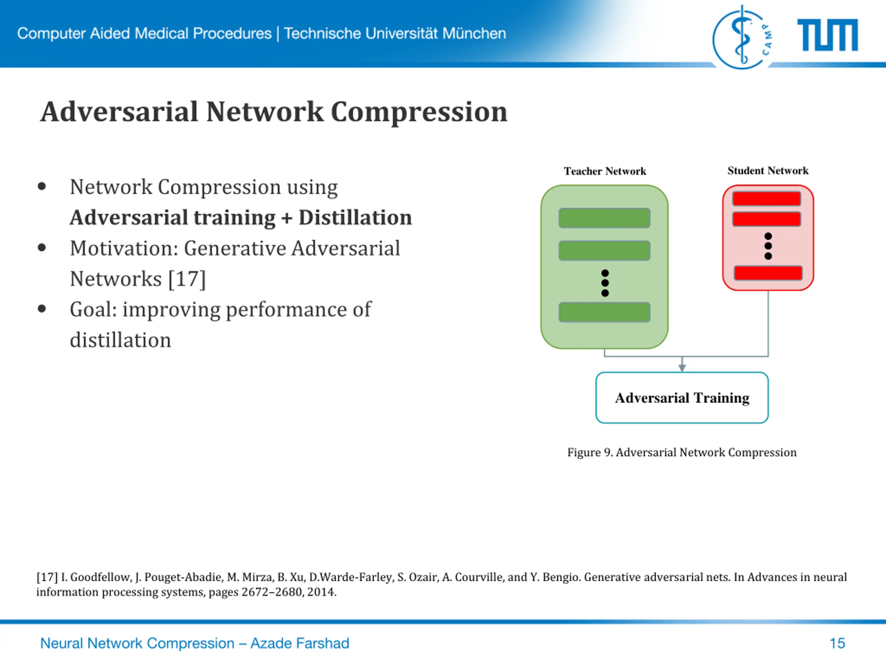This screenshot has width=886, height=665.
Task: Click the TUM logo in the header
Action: (x=827, y=35)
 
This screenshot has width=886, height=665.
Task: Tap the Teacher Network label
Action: (x=605, y=171)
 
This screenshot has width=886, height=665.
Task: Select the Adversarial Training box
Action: (x=682, y=398)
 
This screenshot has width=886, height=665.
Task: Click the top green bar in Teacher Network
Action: (x=604, y=218)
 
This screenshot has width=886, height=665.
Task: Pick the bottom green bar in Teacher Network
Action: (x=604, y=312)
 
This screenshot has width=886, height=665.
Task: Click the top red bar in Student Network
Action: (x=766, y=199)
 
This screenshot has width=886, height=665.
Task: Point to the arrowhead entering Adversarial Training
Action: (x=682, y=367)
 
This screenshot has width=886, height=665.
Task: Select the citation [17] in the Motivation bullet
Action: (x=187, y=279)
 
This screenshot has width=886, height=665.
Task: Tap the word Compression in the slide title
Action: (x=419, y=112)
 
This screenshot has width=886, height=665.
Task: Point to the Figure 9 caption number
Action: (x=608, y=453)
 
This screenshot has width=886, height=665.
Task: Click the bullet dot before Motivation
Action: (x=42, y=248)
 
